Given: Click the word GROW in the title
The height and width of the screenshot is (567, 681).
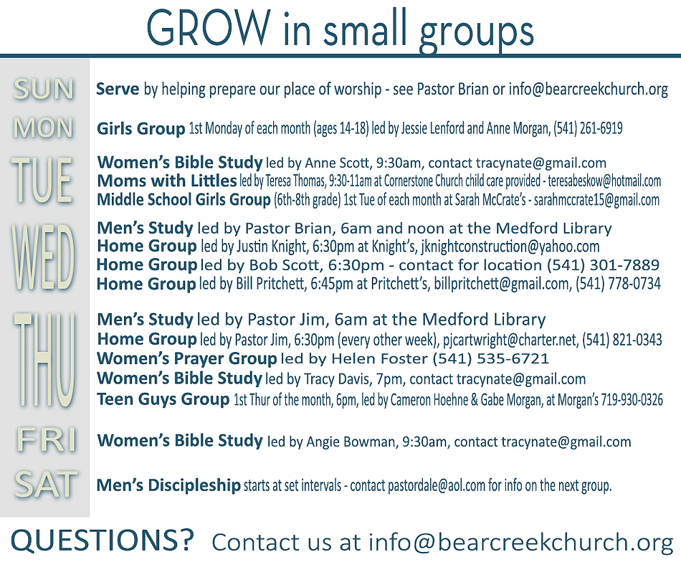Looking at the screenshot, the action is pyautogui.click(x=209, y=28).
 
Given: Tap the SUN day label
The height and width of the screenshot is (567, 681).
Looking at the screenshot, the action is pyautogui.click(x=44, y=90).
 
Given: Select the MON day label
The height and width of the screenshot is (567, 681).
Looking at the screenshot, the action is pyautogui.click(x=43, y=128).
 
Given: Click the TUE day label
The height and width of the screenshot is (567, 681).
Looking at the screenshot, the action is pyautogui.click(x=42, y=180).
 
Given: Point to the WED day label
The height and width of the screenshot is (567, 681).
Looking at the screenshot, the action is pyautogui.click(x=42, y=257).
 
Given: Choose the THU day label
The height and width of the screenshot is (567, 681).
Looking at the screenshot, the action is pyautogui.click(x=44, y=359).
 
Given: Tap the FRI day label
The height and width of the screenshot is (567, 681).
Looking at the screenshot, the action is pyautogui.click(x=47, y=439).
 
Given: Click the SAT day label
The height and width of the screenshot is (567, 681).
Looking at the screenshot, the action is pyautogui.click(x=46, y=485).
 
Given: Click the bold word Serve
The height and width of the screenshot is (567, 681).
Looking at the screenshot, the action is pyautogui.click(x=118, y=89).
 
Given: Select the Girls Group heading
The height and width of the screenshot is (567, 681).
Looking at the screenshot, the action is pyautogui.click(x=141, y=129).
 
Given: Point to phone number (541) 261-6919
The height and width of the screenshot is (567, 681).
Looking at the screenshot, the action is pyautogui.click(x=588, y=128).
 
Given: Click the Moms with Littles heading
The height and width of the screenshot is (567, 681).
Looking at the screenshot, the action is pyautogui.click(x=167, y=181).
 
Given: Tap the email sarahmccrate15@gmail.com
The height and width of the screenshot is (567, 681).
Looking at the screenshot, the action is pyautogui.click(x=596, y=200).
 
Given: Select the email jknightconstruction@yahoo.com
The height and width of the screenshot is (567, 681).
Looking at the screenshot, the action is pyautogui.click(x=510, y=247).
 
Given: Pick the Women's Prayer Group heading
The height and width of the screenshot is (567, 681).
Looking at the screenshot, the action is pyautogui.click(x=187, y=359).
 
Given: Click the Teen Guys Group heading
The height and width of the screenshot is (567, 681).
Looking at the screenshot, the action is pyautogui.click(x=163, y=399).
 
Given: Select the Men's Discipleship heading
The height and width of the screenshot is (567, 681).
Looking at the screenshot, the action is pyautogui.click(x=168, y=485).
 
